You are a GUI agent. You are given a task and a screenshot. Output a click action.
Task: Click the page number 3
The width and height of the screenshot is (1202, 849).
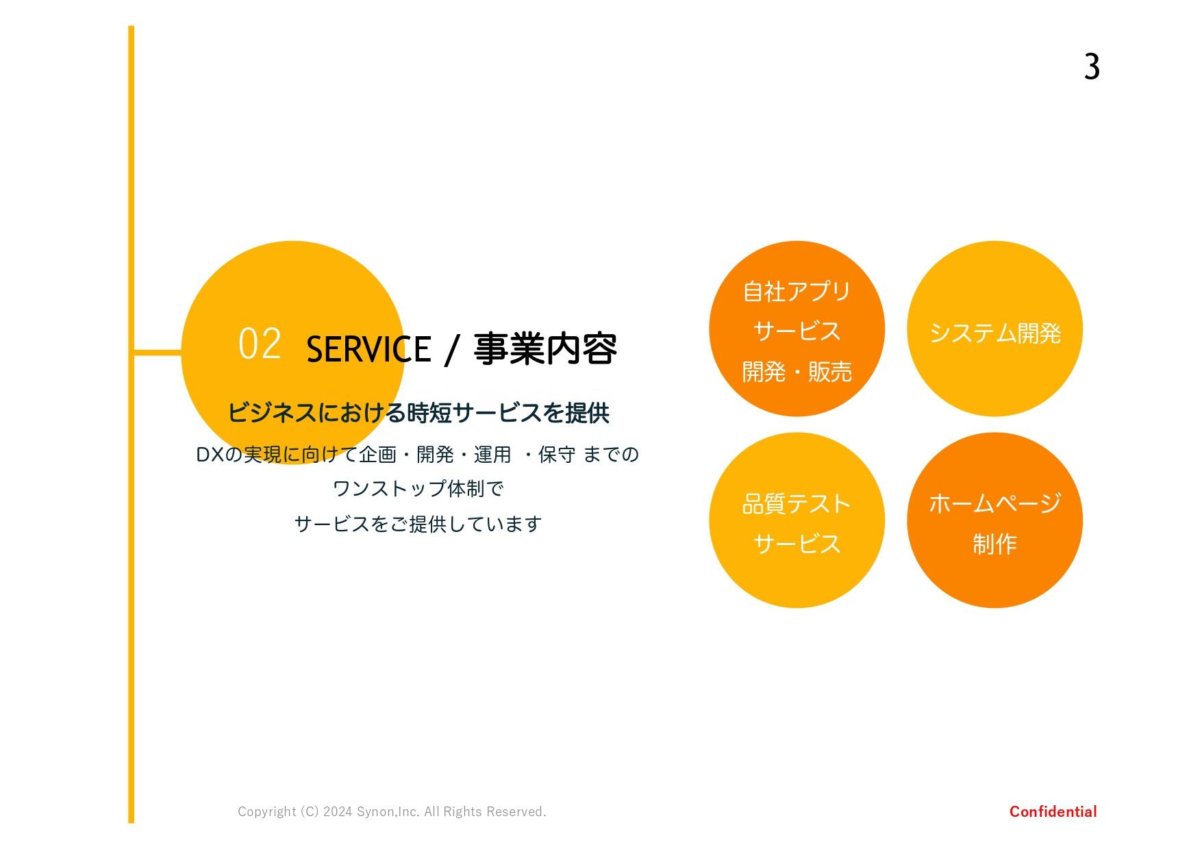click(1092, 67)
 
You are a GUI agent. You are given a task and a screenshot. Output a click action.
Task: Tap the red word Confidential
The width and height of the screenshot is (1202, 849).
click(1053, 811)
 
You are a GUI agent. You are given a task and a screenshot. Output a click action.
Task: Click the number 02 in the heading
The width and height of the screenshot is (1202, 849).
click(260, 344)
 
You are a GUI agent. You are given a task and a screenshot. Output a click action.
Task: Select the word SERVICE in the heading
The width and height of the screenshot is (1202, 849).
click(368, 349)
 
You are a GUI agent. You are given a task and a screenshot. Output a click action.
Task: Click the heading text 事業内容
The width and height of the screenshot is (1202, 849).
click(545, 349)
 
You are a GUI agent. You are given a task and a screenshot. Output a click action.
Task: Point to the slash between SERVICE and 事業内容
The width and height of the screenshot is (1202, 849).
click(451, 350)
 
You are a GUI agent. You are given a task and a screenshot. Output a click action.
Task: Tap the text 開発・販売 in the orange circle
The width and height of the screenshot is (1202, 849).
click(797, 372)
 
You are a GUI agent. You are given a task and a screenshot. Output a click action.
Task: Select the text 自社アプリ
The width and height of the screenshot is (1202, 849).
click(797, 292)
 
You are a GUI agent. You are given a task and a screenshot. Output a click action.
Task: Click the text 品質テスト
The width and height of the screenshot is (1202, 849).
click(797, 504)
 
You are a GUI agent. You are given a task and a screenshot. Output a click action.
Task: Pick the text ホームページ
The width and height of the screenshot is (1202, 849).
click(994, 504)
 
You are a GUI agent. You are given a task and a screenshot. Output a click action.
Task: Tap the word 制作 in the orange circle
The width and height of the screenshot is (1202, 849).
click(994, 544)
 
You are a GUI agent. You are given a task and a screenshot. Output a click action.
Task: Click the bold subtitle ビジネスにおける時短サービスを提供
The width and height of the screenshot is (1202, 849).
click(418, 413)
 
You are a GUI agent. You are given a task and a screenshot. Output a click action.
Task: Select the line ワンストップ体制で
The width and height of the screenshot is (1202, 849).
click(418, 489)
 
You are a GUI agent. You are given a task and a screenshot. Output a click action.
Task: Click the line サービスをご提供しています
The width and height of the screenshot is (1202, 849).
click(418, 524)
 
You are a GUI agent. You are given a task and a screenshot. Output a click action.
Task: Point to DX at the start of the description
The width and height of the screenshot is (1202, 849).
click(210, 455)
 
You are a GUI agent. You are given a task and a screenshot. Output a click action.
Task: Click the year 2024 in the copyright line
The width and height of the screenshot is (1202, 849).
click(338, 812)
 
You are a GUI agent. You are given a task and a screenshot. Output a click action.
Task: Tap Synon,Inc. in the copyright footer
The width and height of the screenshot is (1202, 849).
click(388, 812)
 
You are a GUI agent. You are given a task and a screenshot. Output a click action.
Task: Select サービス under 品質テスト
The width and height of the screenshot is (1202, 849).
click(797, 544)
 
